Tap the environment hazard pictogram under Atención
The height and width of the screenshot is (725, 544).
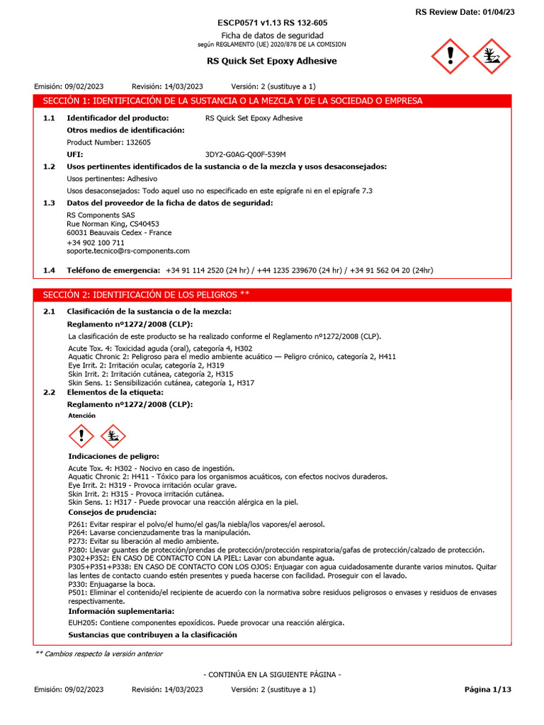pos(113,435)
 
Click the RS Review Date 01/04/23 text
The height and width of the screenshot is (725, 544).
pos(475,11)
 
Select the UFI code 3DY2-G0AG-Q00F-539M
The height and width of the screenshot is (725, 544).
pos(245,154)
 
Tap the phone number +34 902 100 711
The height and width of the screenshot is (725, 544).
pos(96,242)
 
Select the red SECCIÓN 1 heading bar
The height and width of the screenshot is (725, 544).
pos(273,101)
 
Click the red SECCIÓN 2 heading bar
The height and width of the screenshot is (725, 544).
pos(273,295)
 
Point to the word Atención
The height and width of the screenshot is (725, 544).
pos(81,416)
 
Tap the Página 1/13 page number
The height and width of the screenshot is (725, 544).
pos(487,689)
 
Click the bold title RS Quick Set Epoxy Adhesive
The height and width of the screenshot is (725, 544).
pos(272,61)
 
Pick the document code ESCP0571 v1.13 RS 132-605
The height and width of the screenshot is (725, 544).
pos(272,23)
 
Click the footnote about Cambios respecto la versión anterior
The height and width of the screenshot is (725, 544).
pos(98,653)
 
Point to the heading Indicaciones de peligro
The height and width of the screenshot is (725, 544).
pos(113,457)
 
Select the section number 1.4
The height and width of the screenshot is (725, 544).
pos(49,270)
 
